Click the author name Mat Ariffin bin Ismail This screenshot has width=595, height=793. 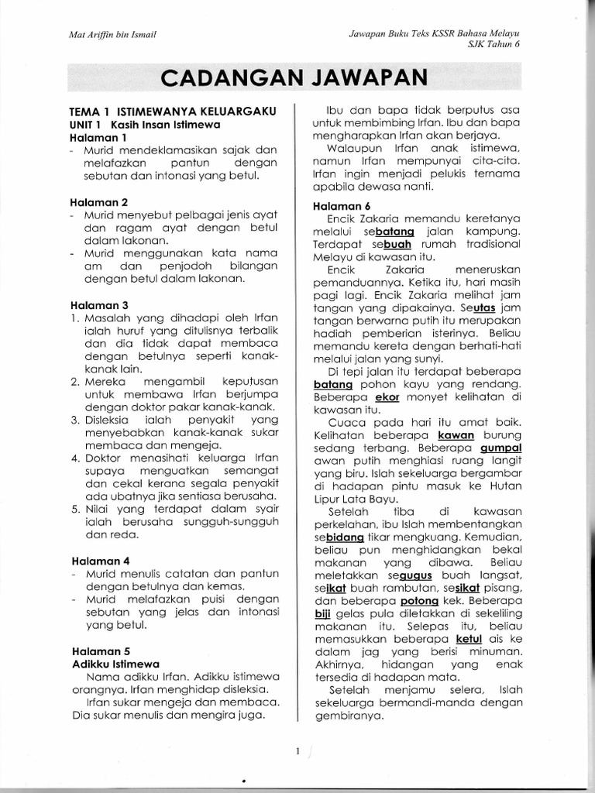coord(112,33)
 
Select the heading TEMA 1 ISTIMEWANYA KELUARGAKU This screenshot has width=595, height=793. coord(174,112)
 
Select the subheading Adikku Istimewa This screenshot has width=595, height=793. coord(115,664)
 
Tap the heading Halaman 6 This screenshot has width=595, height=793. coord(342,206)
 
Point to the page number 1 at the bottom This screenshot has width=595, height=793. coord(297,751)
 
